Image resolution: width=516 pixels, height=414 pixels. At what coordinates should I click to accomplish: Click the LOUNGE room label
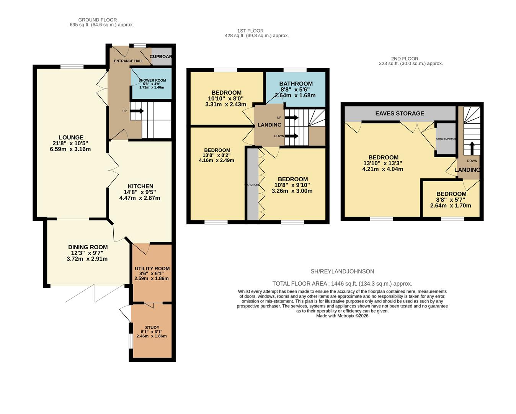coord(71,137)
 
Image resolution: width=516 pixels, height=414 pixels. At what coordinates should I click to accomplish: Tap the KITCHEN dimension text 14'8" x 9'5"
coord(139,192)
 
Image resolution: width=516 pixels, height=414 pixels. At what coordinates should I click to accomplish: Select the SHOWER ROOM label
coord(152,80)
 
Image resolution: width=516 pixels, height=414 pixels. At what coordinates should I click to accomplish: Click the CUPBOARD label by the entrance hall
coord(161,56)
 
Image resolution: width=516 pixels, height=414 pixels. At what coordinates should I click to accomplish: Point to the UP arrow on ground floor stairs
coord(137,111)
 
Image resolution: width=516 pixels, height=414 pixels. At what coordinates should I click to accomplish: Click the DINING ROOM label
coord(88,247)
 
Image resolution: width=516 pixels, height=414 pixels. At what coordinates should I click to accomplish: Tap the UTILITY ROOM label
coord(152,269)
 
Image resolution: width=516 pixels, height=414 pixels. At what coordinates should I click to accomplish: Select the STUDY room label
coord(152,328)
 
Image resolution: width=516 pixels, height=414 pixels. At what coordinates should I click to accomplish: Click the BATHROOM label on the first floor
coord(296,84)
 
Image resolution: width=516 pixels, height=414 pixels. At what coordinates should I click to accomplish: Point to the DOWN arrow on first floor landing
coord(292,136)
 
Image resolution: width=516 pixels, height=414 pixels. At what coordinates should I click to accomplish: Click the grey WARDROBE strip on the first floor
coord(253,184)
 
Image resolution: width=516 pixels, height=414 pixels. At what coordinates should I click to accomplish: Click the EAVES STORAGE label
coord(399,113)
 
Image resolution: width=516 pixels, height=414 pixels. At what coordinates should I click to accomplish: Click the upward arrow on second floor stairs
coord(471,147)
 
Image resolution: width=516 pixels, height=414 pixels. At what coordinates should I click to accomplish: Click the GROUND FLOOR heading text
coord(97,20)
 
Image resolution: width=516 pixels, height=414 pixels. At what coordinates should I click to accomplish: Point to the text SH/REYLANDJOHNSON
coord(342,271)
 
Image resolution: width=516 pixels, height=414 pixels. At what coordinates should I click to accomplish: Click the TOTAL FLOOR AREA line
coord(342,284)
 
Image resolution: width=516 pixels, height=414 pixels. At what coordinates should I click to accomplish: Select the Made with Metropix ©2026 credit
coord(342,316)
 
